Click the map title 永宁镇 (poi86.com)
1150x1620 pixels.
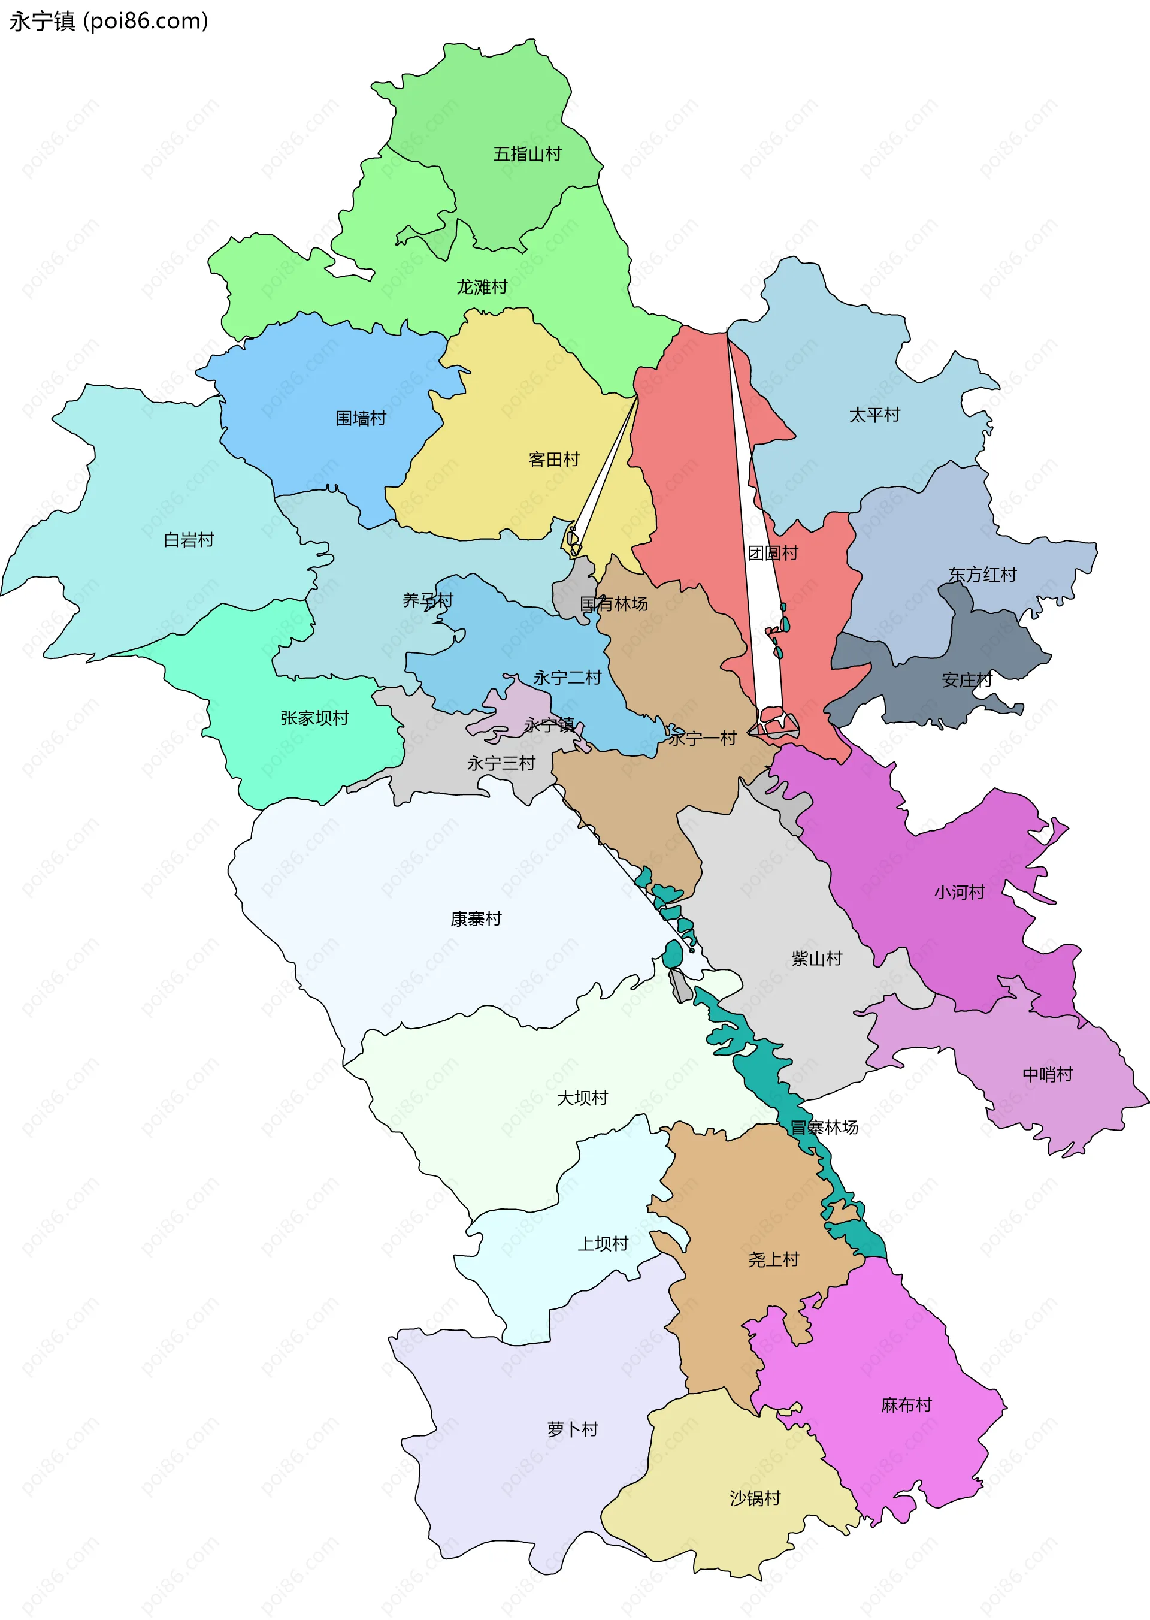click(108, 21)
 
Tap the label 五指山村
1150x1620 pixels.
click(527, 154)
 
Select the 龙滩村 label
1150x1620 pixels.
click(482, 287)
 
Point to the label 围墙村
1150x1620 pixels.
click(361, 418)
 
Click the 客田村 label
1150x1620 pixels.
click(554, 459)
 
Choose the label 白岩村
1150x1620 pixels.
click(188, 540)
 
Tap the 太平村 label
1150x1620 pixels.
click(874, 415)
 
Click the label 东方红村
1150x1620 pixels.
click(982, 574)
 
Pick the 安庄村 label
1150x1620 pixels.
click(967, 680)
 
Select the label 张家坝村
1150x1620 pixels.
click(314, 718)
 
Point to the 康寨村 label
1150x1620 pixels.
click(476, 918)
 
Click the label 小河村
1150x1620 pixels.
click(960, 892)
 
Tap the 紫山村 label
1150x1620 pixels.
click(816, 959)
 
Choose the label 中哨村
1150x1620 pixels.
click(1048, 1074)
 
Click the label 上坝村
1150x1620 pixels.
click(603, 1243)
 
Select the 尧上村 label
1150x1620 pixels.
click(773, 1259)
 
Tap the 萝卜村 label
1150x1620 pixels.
click(572, 1429)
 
